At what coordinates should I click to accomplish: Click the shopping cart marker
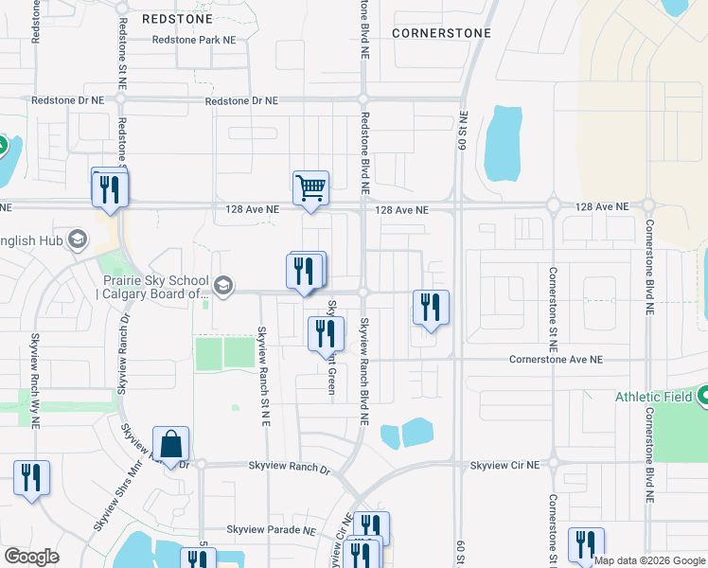310,187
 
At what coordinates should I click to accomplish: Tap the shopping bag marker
170,444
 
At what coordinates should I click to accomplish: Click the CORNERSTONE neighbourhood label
442,33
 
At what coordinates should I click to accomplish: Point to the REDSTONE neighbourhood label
178,18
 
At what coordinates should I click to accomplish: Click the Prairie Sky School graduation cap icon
222,285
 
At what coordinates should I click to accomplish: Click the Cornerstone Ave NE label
555,360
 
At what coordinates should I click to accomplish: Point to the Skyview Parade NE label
270,530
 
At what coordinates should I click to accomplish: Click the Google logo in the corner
31,557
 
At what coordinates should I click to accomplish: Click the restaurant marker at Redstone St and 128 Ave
110,187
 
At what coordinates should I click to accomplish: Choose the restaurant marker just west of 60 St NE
431,308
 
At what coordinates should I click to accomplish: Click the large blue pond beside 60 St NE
503,143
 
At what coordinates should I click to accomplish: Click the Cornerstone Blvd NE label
650,267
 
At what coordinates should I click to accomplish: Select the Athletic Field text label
654,398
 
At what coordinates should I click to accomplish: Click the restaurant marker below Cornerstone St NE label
586,544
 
